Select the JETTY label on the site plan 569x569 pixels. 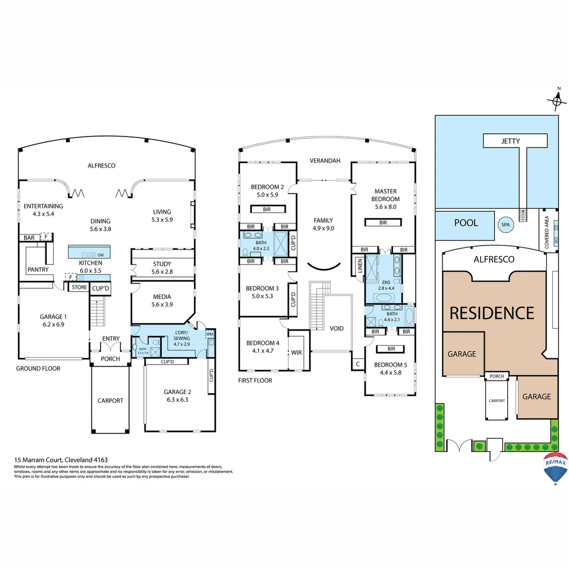tap(511, 141)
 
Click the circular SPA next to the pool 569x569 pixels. tap(506, 224)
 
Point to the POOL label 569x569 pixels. tap(466, 223)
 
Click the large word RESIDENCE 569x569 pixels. tap(491, 313)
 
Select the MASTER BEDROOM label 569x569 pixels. tap(386, 195)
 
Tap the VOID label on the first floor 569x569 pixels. tap(336, 328)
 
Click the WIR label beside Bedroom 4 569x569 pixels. tap(297, 352)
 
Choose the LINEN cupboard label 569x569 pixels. tap(360, 267)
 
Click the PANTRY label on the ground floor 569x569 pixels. tap(38, 270)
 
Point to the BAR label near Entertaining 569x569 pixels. tap(29, 238)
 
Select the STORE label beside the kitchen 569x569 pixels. tap(80, 287)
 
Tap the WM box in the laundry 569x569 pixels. tap(210, 334)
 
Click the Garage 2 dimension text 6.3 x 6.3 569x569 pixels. tap(177, 399)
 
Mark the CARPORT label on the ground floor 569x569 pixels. tap(110, 400)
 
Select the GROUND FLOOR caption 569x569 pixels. tap(38, 368)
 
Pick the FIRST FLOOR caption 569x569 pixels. tap(255, 380)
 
